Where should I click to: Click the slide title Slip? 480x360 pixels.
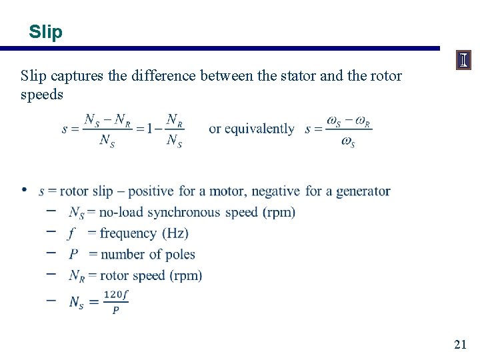click(x=46, y=31)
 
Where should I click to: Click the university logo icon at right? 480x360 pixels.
click(x=463, y=61)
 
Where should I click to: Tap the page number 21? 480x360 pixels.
click(x=460, y=344)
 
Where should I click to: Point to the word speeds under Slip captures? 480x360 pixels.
click(x=42, y=95)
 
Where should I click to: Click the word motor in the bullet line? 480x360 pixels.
click(x=227, y=191)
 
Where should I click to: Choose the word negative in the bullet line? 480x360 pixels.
click(x=275, y=191)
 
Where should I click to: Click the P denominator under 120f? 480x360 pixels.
click(x=116, y=310)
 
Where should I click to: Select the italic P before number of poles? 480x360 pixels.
click(x=73, y=254)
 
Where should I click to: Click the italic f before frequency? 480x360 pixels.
click(x=71, y=233)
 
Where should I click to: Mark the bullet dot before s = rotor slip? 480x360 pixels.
click(x=24, y=191)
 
